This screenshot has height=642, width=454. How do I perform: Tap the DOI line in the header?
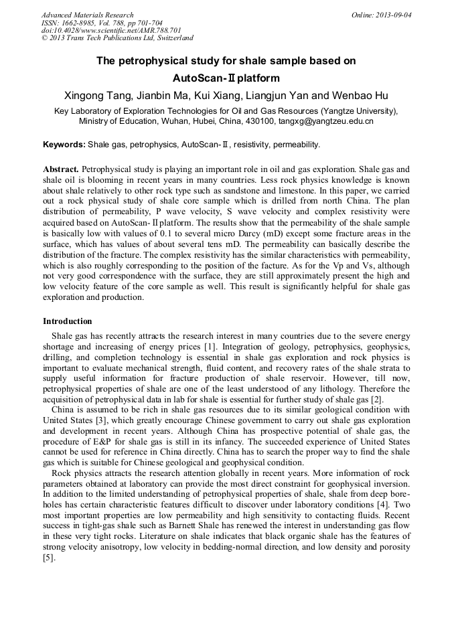click(x=111, y=31)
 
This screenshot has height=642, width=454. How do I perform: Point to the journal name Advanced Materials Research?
click(x=88, y=15)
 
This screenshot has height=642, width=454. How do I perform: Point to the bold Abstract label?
click(x=62, y=169)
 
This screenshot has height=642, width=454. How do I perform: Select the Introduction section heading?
click(x=68, y=321)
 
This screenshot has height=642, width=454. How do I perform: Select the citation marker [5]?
click(x=48, y=556)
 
